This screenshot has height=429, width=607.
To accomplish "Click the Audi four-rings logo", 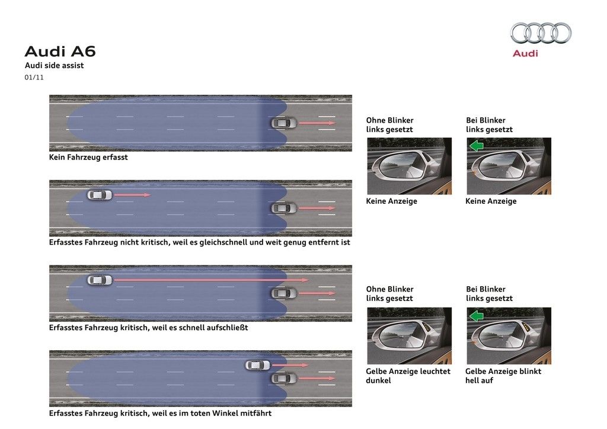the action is [541, 33].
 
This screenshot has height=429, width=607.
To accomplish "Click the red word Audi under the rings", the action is [525, 53].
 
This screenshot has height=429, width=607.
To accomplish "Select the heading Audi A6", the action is [60, 52].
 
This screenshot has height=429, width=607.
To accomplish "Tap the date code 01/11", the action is [34, 78].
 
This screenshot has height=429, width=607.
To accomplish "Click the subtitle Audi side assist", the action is [54, 65].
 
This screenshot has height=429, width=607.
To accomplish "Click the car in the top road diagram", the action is [284, 123].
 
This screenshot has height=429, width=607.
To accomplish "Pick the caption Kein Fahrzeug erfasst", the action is [88, 157].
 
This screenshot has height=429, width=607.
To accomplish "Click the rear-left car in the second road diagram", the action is [100, 195].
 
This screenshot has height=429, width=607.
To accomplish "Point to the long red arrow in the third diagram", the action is [212, 280].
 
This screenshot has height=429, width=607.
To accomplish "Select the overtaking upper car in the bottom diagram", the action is [258, 365].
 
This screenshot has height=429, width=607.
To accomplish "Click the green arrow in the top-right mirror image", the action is [477, 146].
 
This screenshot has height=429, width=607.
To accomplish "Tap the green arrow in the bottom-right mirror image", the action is [477, 316].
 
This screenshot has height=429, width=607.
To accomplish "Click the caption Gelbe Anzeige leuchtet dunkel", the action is [408, 376].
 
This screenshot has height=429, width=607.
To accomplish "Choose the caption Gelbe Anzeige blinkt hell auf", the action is [503, 376].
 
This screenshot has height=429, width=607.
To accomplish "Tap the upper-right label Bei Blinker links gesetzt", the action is [489, 125].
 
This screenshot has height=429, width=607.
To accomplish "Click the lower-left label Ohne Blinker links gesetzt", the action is [390, 294].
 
